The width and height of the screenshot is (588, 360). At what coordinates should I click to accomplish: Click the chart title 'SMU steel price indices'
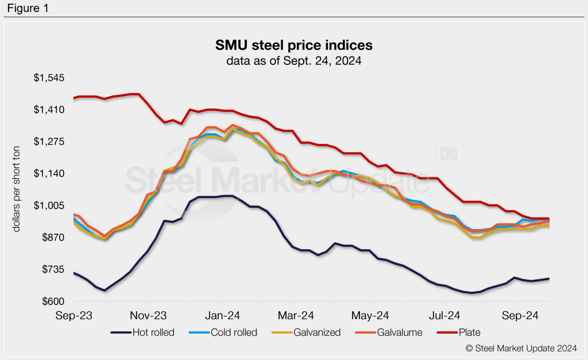pos(293,45)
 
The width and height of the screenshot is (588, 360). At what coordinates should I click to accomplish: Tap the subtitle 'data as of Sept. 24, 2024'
pos(293,59)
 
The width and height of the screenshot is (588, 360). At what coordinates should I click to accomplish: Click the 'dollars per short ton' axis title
pos(17,189)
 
